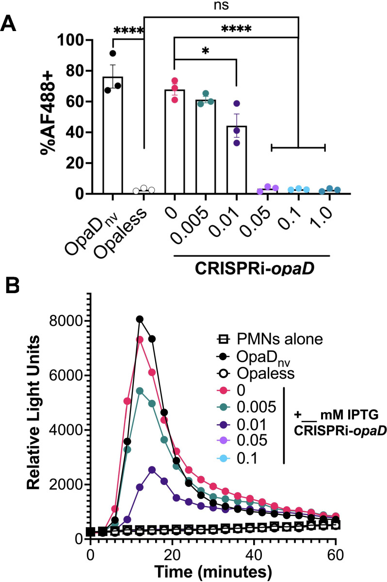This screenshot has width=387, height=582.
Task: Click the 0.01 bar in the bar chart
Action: point(237,160)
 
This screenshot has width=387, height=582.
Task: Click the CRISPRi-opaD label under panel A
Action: point(254,268)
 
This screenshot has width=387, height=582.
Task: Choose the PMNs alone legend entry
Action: point(270,339)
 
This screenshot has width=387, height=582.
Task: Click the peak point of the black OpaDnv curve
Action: point(140,319)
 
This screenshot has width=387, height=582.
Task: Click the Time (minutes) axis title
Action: point(213,572)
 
